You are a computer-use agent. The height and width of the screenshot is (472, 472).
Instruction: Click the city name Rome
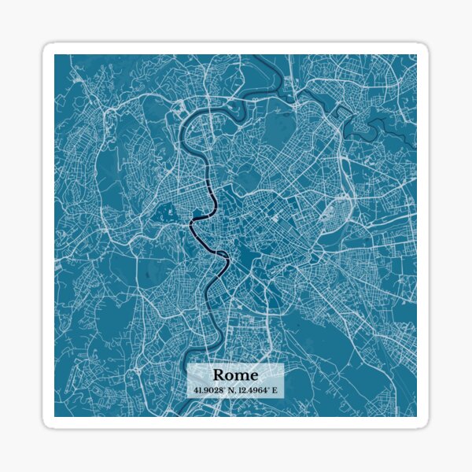pos(235,374)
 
